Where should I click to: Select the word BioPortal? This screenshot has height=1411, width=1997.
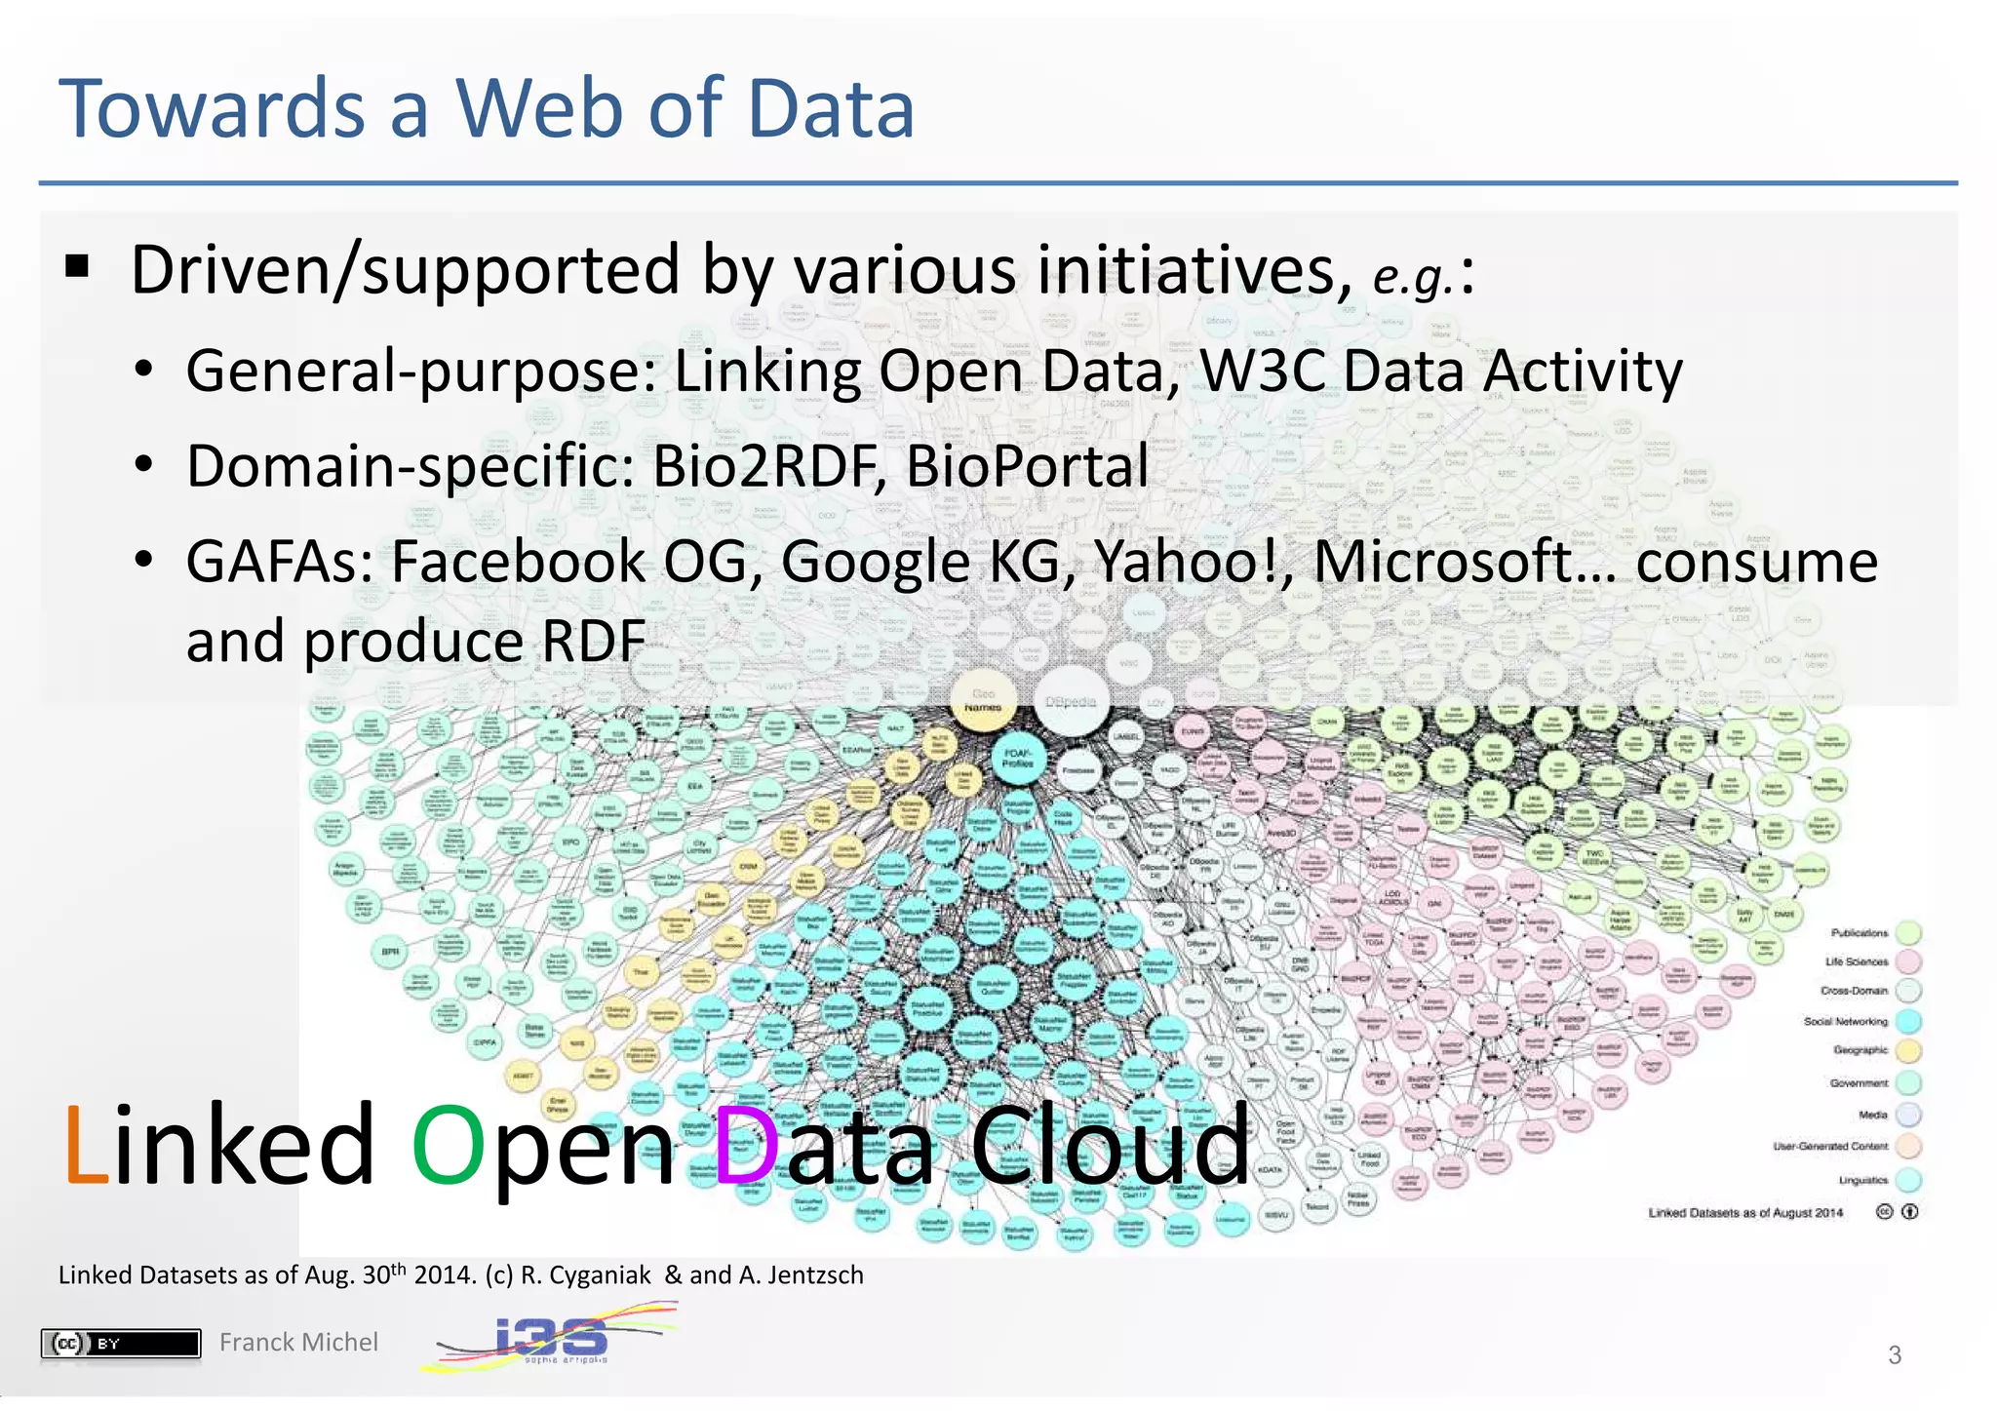(x=1027, y=466)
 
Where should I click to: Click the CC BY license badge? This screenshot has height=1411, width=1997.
(x=121, y=1344)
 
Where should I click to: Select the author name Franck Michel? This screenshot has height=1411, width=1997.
(x=298, y=1343)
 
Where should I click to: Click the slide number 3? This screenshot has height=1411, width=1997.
(x=1895, y=1355)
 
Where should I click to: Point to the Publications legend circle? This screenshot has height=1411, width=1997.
(x=1909, y=933)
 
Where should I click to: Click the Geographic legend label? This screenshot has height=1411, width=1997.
(x=1860, y=1050)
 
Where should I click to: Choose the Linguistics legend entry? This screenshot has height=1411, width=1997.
(x=1863, y=1180)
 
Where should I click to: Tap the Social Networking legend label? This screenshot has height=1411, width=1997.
(x=1845, y=1021)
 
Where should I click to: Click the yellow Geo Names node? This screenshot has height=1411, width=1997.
(x=983, y=700)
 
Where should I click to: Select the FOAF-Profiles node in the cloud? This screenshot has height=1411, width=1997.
(x=1018, y=759)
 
